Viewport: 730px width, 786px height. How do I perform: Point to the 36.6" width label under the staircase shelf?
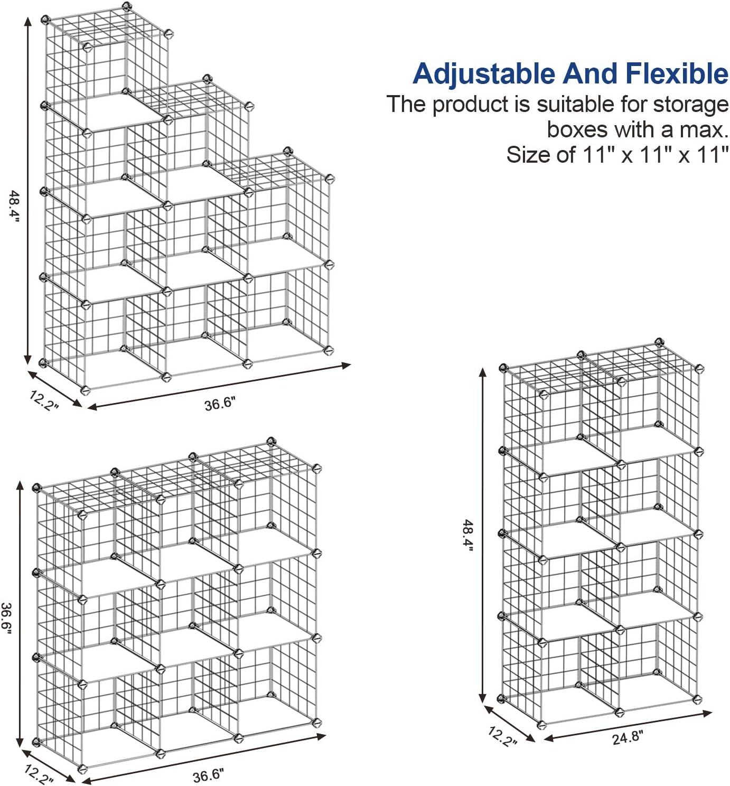coord(220,404)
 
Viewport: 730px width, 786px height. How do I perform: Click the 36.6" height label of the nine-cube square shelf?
coord(6,618)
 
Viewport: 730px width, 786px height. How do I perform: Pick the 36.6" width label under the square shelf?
coord(208,774)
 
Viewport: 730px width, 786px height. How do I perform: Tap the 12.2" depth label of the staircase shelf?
coord(44,400)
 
